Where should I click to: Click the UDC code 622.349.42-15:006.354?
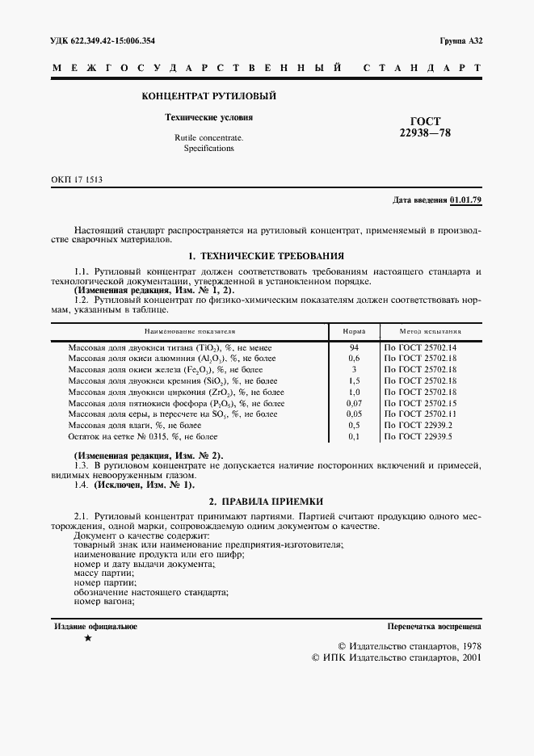(x=103, y=40)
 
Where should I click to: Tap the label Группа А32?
(x=460, y=40)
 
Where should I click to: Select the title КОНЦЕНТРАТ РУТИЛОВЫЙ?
(x=209, y=95)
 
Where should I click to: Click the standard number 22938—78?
(x=419, y=133)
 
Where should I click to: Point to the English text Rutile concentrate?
(x=208, y=138)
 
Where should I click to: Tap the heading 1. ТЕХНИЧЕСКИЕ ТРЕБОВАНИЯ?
(x=266, y=255)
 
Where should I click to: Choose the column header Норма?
(x=354, y=331)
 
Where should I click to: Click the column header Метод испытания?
(x=431, y=331)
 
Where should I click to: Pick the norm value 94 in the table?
(x=354, y=346)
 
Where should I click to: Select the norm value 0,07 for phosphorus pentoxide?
(x=354, y=402)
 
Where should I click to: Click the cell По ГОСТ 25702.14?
(x=420, y=346)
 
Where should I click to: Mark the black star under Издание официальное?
(x=88, y=639)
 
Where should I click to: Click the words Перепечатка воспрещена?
(x=434, y=626)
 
